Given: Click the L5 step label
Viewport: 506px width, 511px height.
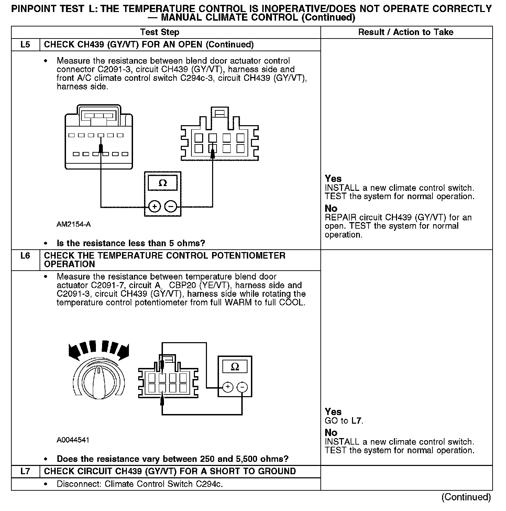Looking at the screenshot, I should tap(25, 45).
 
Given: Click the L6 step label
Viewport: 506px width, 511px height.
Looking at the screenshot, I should tap(25, 256).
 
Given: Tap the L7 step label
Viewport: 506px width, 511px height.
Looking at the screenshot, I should tap(25, 471).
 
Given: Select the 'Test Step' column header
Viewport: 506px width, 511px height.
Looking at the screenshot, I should tap(159, 32).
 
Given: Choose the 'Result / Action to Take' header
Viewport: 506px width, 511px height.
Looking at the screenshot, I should tap(406, 32).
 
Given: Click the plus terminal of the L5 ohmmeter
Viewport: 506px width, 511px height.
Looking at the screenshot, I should tap(155, 207).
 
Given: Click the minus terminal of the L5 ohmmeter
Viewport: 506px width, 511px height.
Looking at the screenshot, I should tap(171, 207).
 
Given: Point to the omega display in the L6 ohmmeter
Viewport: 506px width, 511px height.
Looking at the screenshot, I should tap(235, 367).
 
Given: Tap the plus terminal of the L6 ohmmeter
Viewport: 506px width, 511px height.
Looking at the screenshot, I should tap(228, 387).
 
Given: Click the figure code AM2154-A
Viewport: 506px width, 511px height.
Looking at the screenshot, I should tap(74, 225).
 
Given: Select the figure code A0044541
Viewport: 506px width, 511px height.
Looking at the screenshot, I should tap(73, 440).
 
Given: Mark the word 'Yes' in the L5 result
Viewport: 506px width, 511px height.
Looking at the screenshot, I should tap(333, 179).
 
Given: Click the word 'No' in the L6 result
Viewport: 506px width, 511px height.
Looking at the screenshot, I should tap(331, 433).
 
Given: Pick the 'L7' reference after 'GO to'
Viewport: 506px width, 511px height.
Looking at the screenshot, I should tap(357, 421).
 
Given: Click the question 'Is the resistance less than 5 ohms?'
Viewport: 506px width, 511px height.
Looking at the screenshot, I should tap(131, 243).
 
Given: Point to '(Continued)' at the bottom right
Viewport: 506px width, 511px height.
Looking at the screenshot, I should tap(466, 497).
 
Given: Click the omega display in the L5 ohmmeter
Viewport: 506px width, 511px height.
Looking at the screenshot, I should tap(163, 183).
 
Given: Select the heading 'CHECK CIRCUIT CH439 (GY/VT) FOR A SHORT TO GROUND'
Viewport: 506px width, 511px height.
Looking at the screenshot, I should tap(170, 471).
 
